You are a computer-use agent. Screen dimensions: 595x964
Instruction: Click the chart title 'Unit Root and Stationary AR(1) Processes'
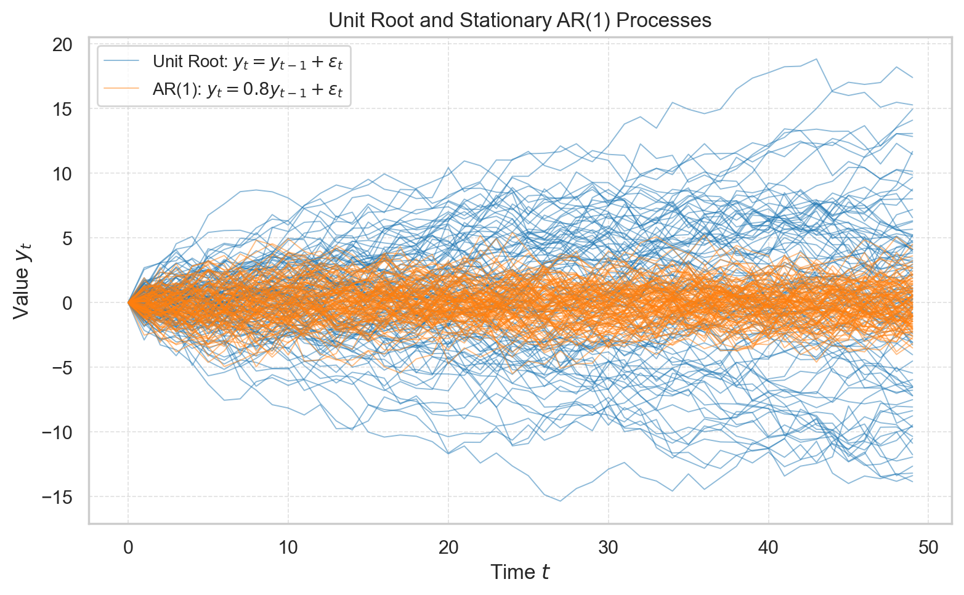520,20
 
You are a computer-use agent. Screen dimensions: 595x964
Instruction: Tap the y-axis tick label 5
68,238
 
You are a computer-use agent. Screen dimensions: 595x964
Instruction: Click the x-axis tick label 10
288,548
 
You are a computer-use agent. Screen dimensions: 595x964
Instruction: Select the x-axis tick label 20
448,548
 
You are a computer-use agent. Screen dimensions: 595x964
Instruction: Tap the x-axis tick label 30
609,548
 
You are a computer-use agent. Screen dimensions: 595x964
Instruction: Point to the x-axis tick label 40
769,548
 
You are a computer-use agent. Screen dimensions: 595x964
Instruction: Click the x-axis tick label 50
928,548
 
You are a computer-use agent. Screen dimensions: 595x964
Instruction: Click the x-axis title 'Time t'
520,573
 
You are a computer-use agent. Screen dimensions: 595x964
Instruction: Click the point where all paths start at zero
128,302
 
